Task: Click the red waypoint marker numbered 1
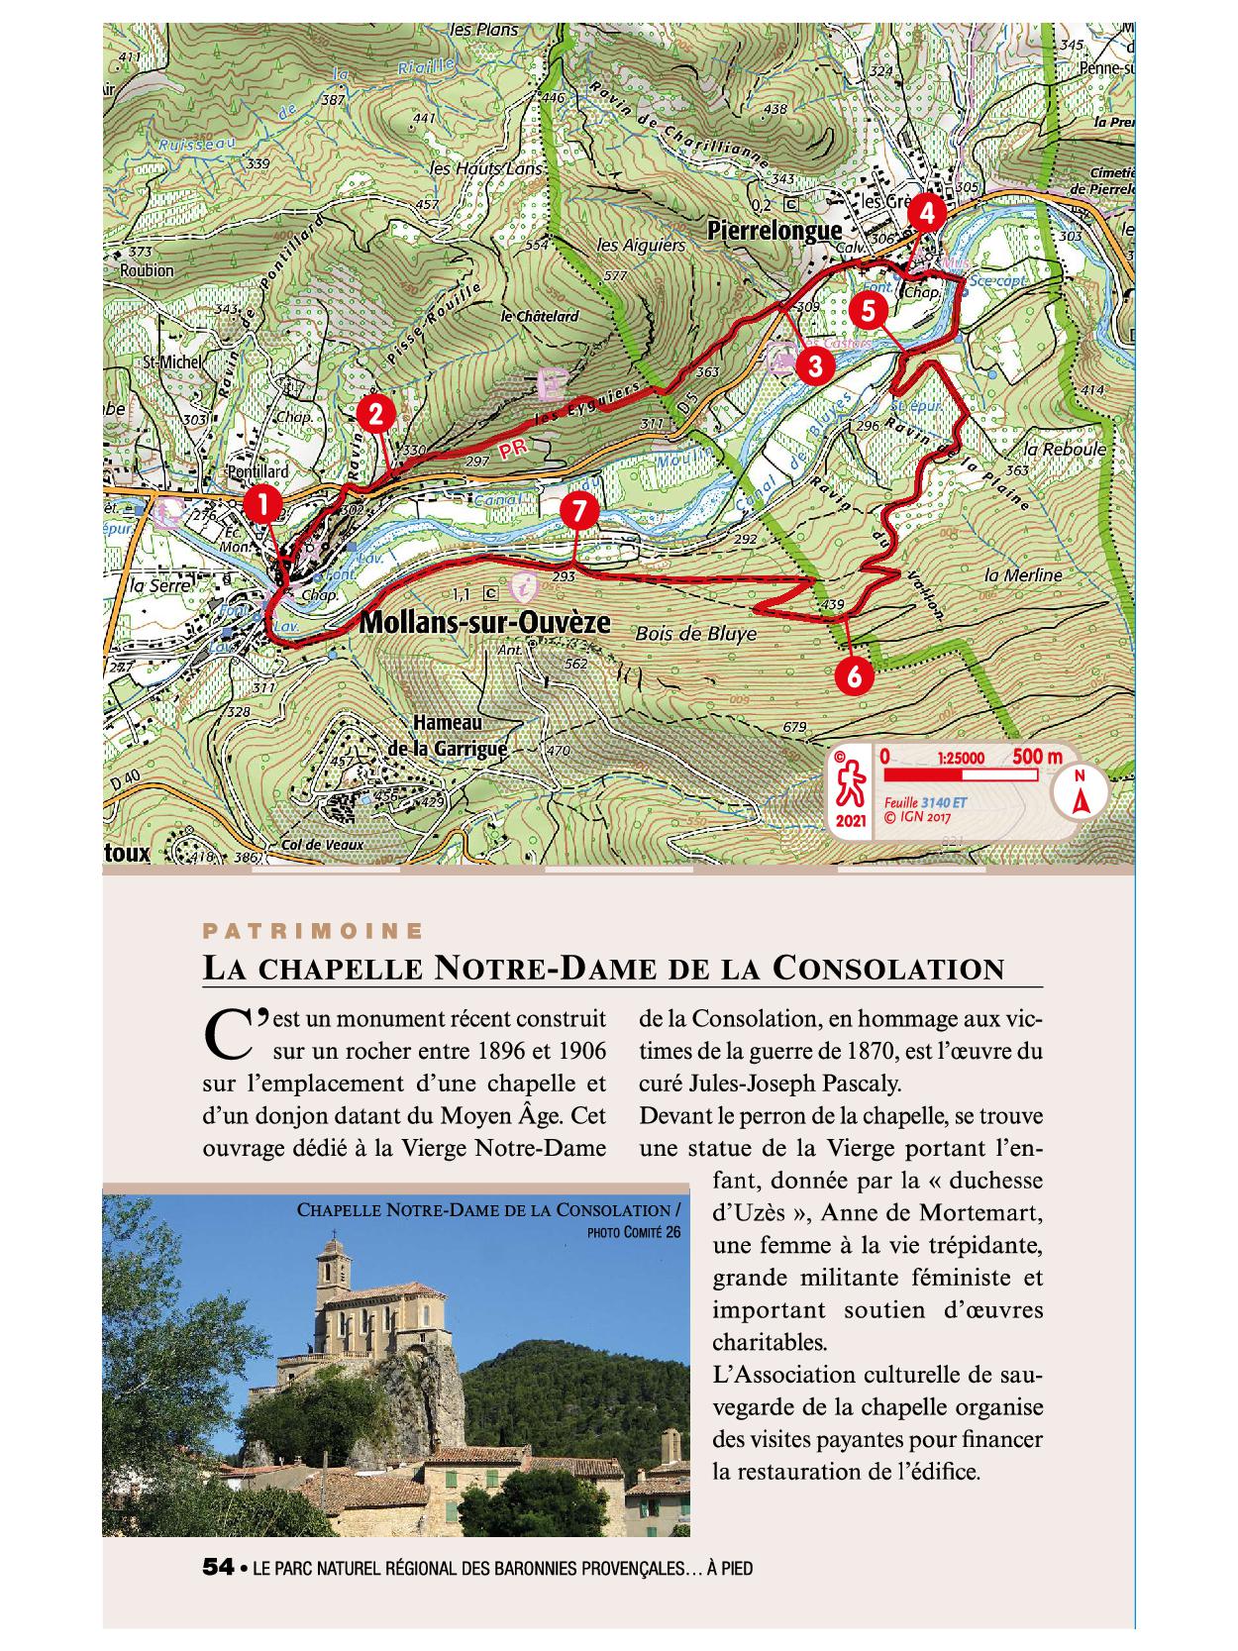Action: tap(262, 503)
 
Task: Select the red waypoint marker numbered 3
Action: tap(814, 365)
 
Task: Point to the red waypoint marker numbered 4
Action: tap(926, 212)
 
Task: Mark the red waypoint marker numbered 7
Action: tap(578, 511)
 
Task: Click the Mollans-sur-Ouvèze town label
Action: tap(483, 623)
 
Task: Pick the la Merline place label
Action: tap(1023, 574)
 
